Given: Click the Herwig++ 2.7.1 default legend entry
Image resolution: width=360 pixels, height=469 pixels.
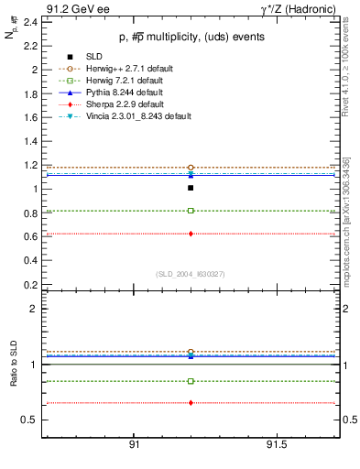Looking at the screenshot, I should tap(122, 69).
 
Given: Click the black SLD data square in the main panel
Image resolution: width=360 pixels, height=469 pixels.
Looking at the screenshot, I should tap(191, 188).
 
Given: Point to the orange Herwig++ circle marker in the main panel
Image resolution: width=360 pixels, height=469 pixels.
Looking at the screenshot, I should tap(191, 168).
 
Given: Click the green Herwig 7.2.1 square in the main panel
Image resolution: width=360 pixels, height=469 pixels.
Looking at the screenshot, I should tap(191, 211).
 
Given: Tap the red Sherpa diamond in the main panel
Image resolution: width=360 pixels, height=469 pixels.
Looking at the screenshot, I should tap(191, 234).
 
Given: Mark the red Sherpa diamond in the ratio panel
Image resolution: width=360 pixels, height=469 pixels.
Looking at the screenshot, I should tap(191, 403).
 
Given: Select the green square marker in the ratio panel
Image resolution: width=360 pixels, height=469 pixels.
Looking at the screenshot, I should tap(191, 381).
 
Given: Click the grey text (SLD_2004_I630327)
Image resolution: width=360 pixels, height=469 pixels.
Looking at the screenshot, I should tap(190, 273).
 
